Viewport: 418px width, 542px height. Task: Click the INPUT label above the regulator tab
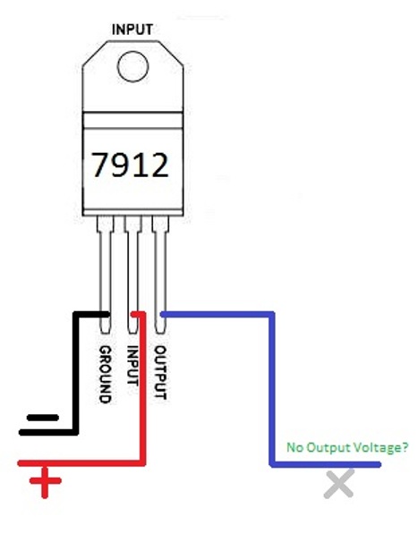click(132, 30)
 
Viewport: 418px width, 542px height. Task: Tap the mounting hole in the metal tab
click(132, 66)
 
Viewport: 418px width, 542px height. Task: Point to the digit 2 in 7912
click(158, 165)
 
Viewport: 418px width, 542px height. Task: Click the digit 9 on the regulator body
click(122, 165)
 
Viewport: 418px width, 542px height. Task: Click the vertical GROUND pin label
click(106, 375)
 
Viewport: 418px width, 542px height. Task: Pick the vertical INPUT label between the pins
click(132, 366)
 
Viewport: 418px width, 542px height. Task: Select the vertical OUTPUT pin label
click(160, 372)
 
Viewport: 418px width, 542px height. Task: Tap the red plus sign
click(45, 481)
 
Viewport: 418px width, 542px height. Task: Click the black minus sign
click(43, 418)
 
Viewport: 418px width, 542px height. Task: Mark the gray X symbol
click(339, 484)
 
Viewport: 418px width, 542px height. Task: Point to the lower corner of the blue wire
click(273, 464)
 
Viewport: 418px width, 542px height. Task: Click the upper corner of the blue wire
click(272, 314)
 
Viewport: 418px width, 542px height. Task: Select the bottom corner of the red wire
click(142, 463)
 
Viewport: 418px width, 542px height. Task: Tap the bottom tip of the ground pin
click(106, 333)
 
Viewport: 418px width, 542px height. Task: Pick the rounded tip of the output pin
click(159, 333)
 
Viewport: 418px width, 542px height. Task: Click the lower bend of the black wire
click(75, 432)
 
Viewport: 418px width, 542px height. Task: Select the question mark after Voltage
click(404, 447)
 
